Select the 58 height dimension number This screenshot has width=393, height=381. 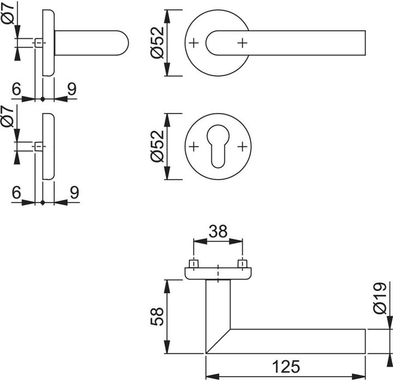(156, 316)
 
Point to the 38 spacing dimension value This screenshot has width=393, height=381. (219, 232)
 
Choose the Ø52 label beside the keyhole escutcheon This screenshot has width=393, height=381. (156, 147)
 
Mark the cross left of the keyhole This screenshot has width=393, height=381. (194, 147)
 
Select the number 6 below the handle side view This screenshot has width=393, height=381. (16, 90)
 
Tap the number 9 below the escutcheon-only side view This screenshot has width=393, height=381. (74, 192)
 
